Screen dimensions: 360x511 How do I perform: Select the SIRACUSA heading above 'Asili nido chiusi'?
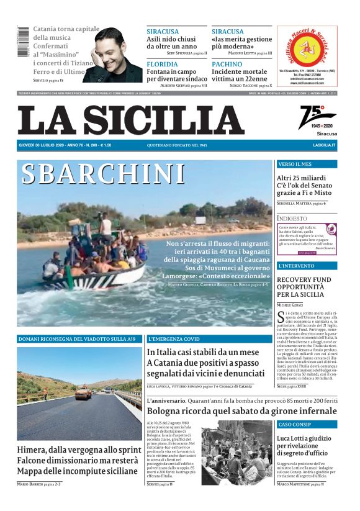tap(163, 31)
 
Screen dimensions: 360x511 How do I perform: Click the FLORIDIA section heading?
tap(163, 64)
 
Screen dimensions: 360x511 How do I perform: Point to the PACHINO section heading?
tap(227, 64)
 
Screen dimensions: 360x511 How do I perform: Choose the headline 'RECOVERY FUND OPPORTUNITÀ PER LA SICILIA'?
tap(304, 287)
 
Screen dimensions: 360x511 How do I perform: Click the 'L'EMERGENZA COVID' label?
tap(174, 339)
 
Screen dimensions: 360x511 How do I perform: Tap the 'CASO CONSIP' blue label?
tap(294, 425)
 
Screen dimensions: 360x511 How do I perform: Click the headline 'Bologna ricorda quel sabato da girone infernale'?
tap(241, 411)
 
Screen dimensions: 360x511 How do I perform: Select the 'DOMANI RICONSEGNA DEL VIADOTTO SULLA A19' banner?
tap(77, 339)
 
